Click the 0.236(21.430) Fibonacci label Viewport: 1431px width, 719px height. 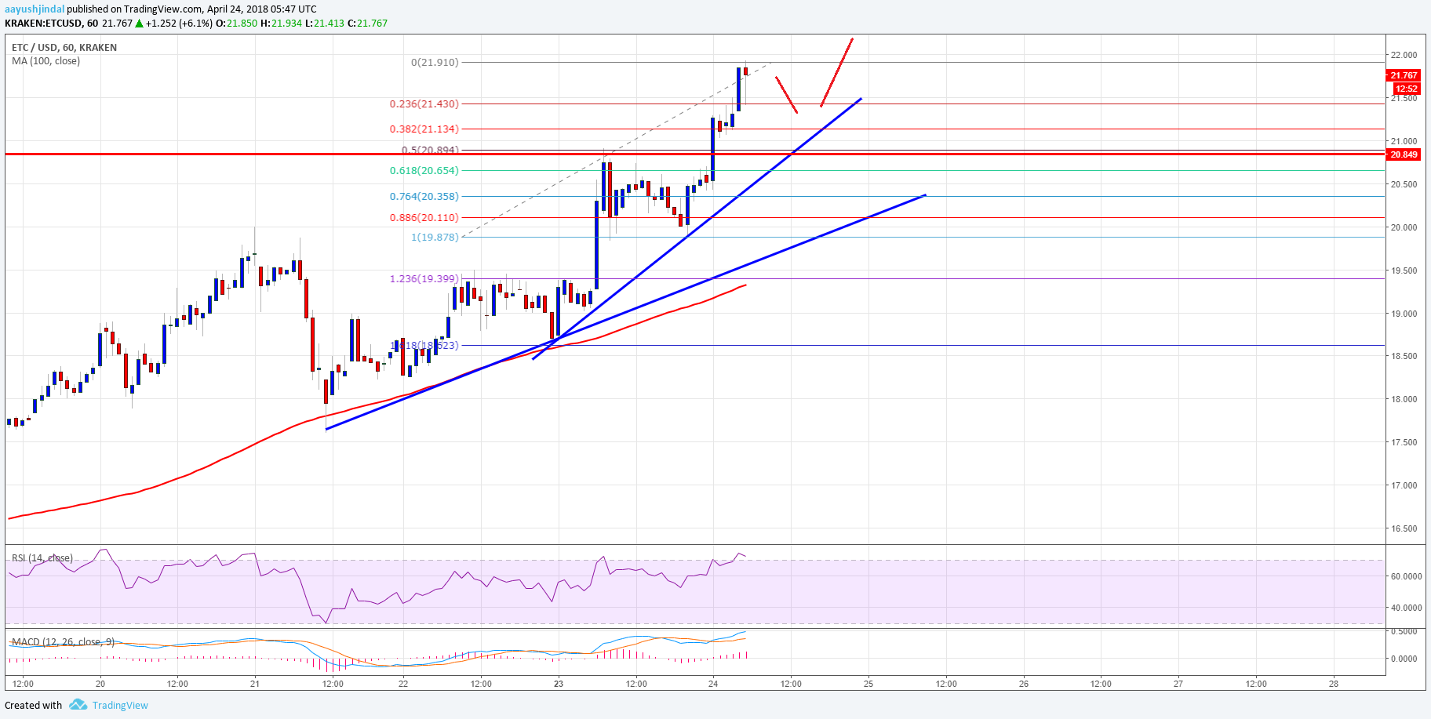click(x=424, y=104)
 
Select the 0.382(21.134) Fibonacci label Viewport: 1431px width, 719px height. click(x=424, y=129)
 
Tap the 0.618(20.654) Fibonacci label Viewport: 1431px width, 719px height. click(x=424, y=171)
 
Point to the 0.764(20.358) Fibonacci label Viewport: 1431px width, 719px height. click(x=424, y=197)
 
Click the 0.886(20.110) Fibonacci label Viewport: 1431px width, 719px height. click(x=424, y=218)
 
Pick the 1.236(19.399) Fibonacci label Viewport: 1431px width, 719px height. click(x=424, y=279)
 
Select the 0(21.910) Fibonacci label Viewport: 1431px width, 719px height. click(x=435, y=63)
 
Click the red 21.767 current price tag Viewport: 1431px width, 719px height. click(x=1404, y=75)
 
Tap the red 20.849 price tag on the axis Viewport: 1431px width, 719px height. click(x=1404, y=154)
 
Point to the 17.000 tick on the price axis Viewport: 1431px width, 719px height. click(x=1404, y=486)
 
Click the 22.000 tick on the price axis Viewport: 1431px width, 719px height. click(x=1404, y=56)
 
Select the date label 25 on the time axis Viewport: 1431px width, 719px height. click(x=868, y=684)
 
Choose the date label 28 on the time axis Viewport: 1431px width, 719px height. click(x=1334, y=684)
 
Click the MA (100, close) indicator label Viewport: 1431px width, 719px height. click(x=46, y=61)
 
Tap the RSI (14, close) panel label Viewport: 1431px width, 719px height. click(x=42, y=558)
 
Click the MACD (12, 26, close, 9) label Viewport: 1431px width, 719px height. click(x=63, y=642)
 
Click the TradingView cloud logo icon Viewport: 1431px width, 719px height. click(x=78, y=705)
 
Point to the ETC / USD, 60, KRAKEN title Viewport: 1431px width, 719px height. click(x=64, y=48)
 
